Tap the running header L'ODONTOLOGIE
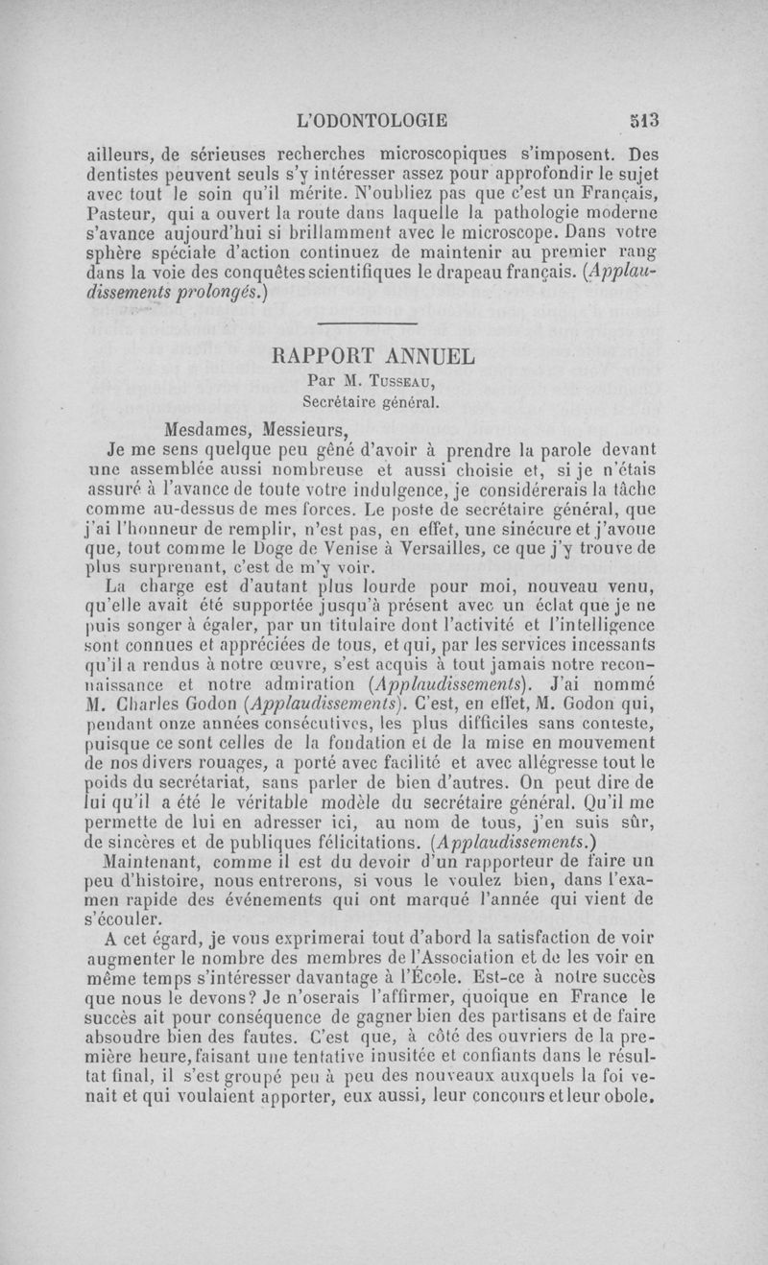click(x=373, y=121)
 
